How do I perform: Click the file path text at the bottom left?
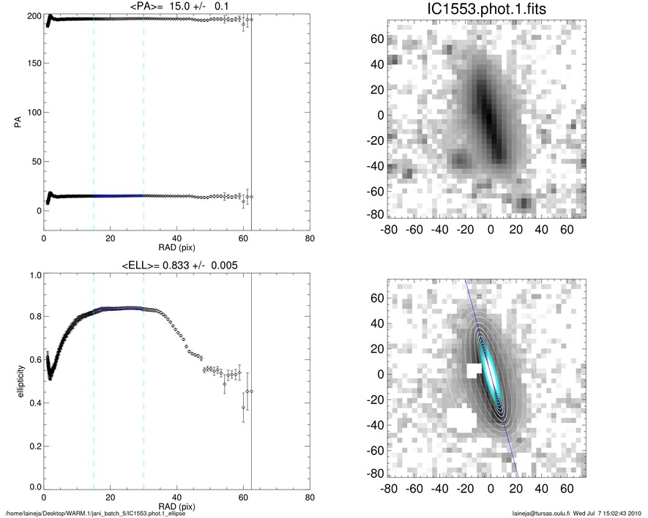coord(95,512)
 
